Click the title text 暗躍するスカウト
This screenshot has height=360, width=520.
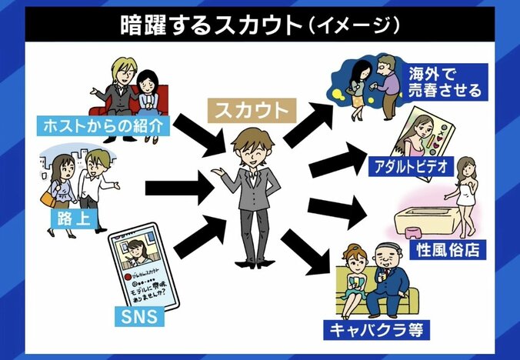(208, 25)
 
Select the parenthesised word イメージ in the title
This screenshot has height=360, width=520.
(352, 25)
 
